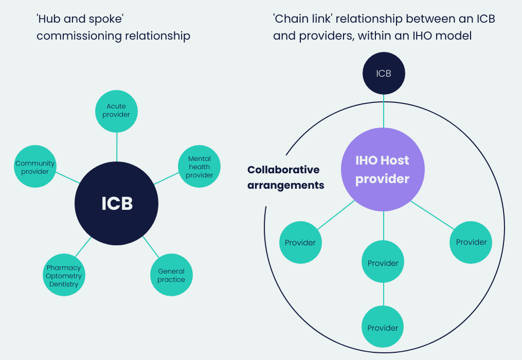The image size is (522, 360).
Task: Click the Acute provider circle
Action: pyautogui.click(x=116, y=111)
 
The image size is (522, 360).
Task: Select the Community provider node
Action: pyautogui.click(x=35, y=167)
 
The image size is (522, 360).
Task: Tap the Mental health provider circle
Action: pyautogui.click(x=200, y=167)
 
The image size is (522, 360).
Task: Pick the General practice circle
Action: pyautogui.click(x=171, y=275)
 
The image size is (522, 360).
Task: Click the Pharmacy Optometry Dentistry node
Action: pyautogui.click(x=63, y=276)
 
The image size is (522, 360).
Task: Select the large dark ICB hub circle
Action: pyautogui.click(x=117, y=204)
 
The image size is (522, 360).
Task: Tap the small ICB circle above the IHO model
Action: pyautogui.click(x=384, y=74)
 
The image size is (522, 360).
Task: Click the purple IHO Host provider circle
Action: pyautogui.click(x=383, y=170)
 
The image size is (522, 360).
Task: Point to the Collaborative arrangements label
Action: pyautogui.click(x=285, y=177)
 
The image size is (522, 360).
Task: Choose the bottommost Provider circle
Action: pyautogui.click(x=383, y=328)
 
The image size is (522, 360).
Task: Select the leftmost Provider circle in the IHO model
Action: pyautogui.click(x=300, y=242)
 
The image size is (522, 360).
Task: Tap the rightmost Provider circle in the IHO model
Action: pyautogui.click(x=471, y=242)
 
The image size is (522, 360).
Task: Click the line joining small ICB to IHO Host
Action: pyautogui.click(x=384, y=111)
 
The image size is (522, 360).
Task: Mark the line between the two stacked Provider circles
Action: pyautogui.click(x=383, y=295)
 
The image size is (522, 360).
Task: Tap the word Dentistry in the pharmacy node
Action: pyautogui.click(x=64, y=284)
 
